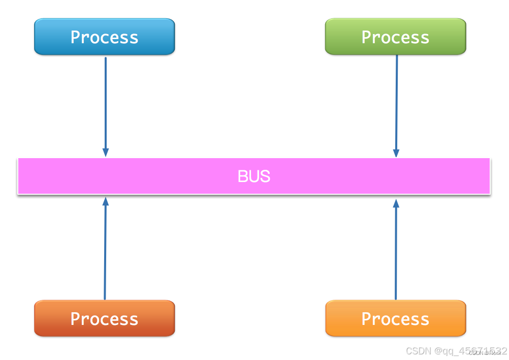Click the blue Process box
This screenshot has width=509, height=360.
[104, 37]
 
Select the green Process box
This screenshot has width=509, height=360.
[395, 37]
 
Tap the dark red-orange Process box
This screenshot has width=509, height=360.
[104, 318]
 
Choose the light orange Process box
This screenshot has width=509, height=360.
[395, 318]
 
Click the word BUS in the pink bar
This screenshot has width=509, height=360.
[253, 176]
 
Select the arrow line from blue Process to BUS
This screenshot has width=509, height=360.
[106, 102]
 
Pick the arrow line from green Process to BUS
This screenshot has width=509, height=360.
[396, 102]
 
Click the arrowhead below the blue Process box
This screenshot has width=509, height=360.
[106, 153]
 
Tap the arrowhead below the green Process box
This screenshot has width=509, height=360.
[396, 153]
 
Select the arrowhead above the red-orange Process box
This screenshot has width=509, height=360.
[106, 201]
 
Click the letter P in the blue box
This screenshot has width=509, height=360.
[76, 37]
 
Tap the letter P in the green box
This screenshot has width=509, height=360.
[367, 37]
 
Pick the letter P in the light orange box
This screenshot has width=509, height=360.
[367, 318]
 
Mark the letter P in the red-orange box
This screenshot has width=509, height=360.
[76, 318]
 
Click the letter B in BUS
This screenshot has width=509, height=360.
[242, 176]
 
